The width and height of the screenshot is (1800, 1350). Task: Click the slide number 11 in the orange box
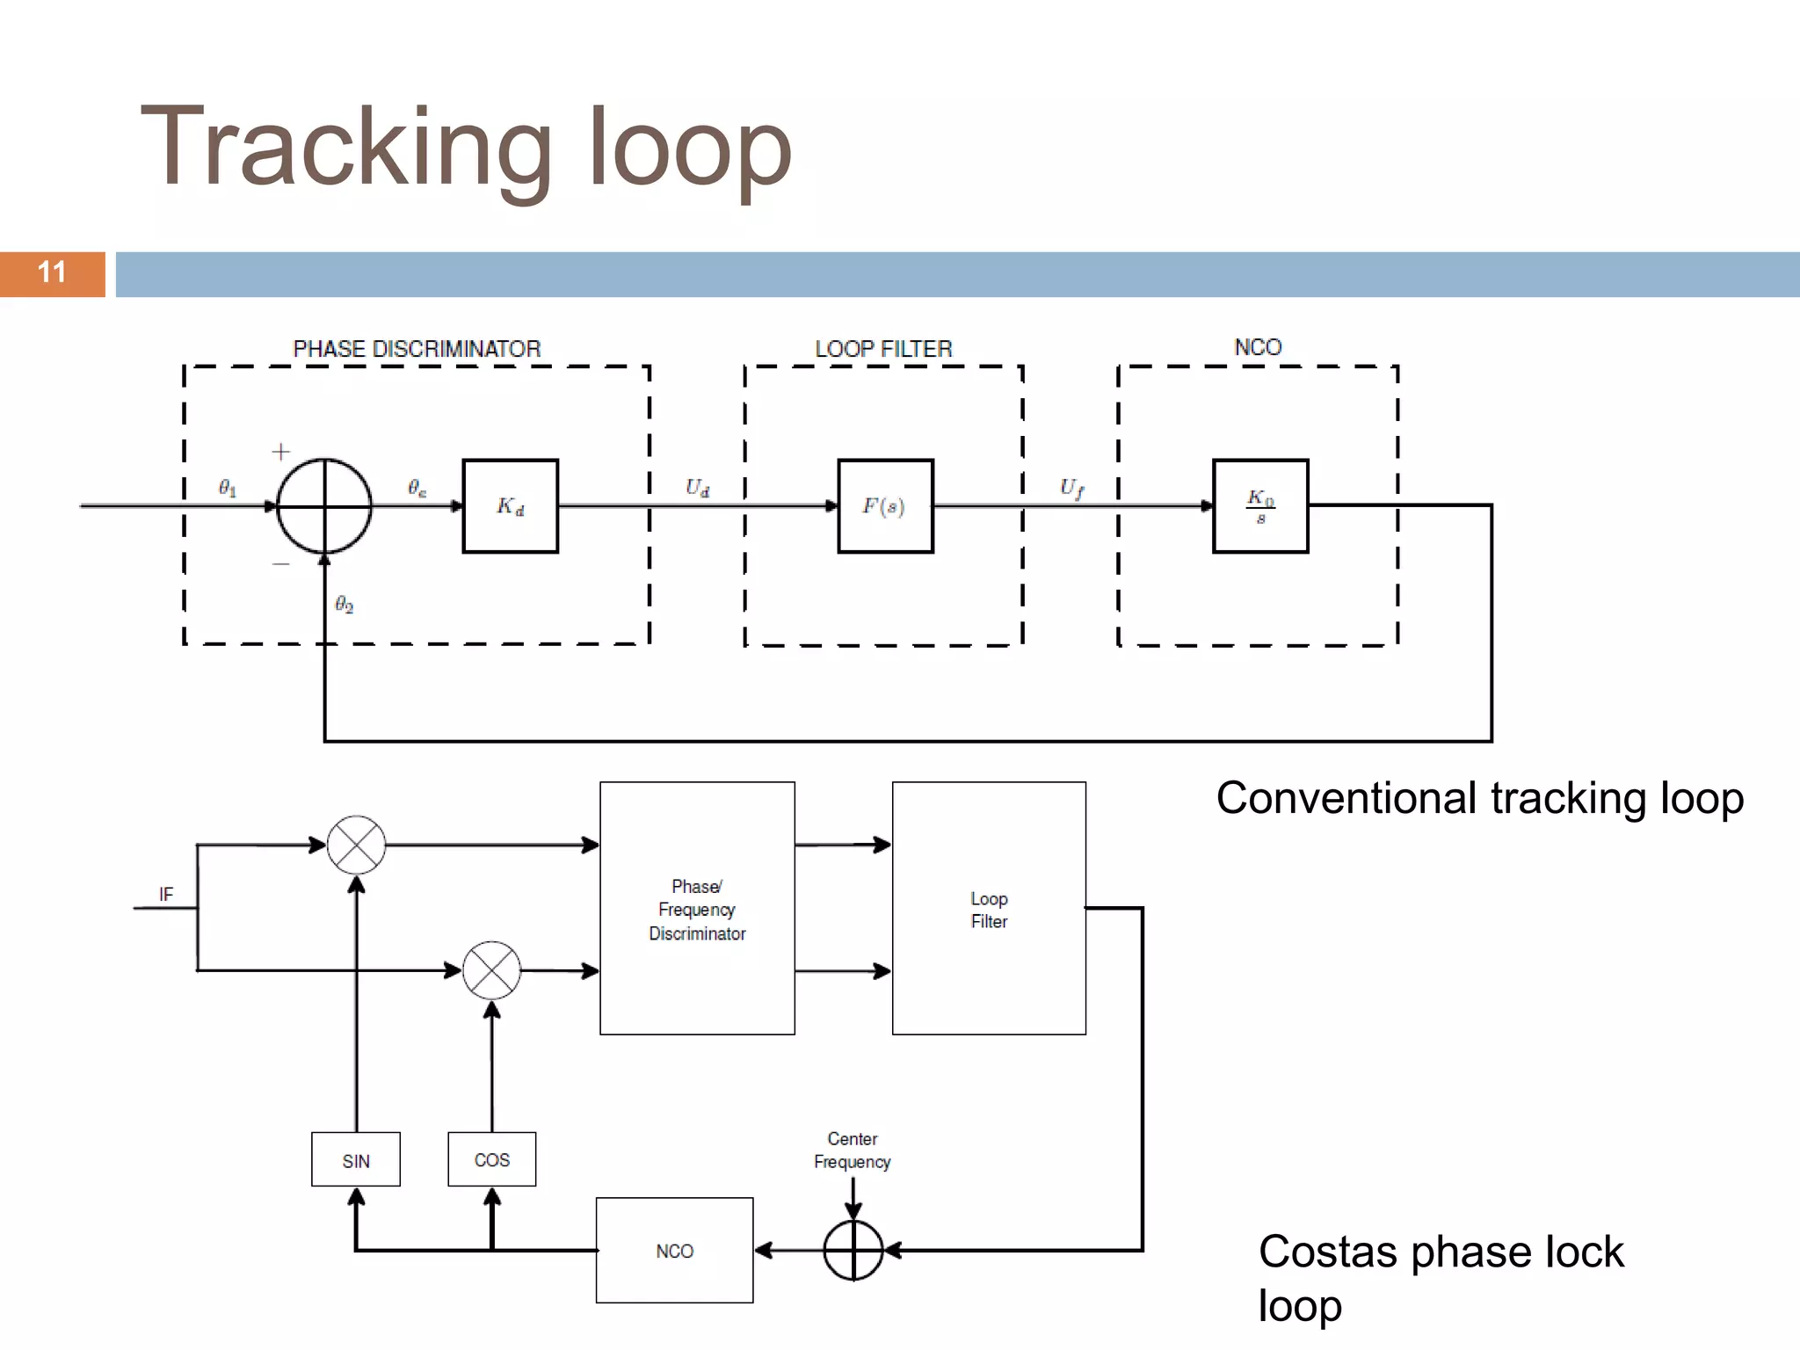pyautogui.click(x=52, y=272)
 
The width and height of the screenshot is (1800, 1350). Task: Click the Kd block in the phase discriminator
pyautogui.click(x=510, y=506)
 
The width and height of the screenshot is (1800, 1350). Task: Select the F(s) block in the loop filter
pyautogui.click(x=884, y=506)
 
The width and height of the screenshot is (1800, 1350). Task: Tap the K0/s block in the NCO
pyautogui.click(x=1260, y=506)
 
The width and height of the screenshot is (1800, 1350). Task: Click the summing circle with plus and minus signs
pyautogui.click(x=324, y=506)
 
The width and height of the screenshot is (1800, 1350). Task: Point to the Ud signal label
pyautogui.click(x=697, y=488)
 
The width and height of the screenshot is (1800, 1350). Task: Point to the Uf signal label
pyautogui.click(x=1071, y=488)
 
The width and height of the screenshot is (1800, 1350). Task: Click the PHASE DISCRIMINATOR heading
pyautogui.click(x=417, y=349)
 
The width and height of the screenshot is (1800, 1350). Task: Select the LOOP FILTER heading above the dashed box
pyautogui.click(x=883, y=349)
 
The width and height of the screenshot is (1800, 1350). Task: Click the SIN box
pyautogui.click(x=356, y=1160)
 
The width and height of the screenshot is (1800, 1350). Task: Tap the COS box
pyautogui.click(x=491, y=1160)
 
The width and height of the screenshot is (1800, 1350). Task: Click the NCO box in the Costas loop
pyautogui.click(x=674, y=1251)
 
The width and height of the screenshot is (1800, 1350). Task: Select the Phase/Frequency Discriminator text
pyautogui.click(x=697, y=910)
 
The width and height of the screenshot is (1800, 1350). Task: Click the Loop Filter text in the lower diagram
pyautogui.click(x=989, y=910)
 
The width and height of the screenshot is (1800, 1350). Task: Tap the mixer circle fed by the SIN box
pyautogui.click(x=356, y=846)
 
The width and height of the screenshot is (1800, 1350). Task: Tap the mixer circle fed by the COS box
pyautogui.click(x=491, y=970)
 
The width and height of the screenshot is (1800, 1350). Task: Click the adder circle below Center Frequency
pyautogui.click(x=853, y=1250)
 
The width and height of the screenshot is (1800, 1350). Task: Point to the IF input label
pyautogui.click(x=166, y=895)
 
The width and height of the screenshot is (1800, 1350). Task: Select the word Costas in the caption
pyautogui.click(x=1329, y=1252)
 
